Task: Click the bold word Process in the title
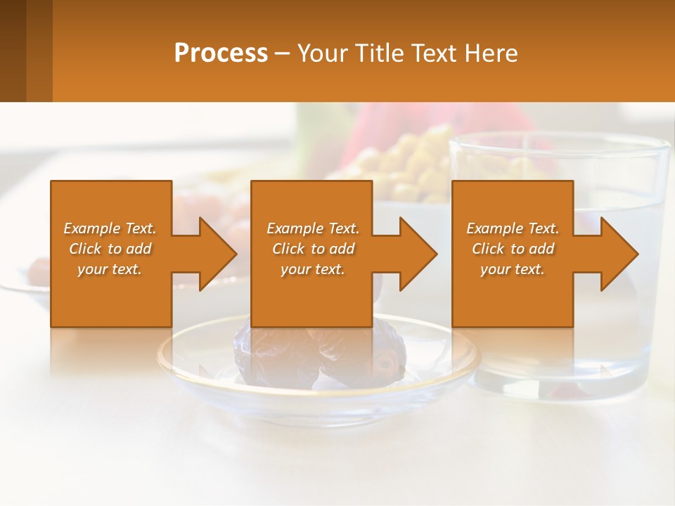tap(221, 53)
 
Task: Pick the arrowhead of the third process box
tap(618, 254)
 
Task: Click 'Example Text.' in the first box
tap(110, 228)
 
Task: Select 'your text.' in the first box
tap(110, 269)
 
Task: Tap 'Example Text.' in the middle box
tap(313, 228)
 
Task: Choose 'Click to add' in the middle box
tap(313, 249)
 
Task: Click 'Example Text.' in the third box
tap(513, 228)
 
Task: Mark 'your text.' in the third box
tap(513, 269)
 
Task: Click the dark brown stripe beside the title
tap(13, 51)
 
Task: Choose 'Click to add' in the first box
tap(110, 249)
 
